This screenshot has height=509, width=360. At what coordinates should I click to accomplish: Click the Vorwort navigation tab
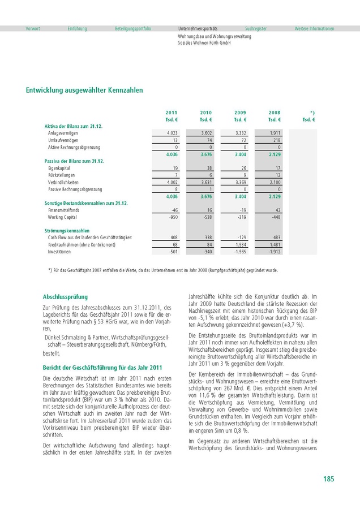point(33,28)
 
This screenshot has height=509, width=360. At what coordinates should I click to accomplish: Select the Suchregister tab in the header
point(256,28)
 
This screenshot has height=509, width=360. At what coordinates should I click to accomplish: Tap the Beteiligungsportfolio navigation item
point(133,28)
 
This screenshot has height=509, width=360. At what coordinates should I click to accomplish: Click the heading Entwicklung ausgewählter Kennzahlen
point(84,90)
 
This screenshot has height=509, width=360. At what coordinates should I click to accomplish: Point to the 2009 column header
point(240,113)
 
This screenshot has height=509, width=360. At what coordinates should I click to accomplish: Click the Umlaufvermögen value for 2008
point(276,140)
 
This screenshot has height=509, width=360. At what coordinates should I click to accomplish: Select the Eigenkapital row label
point(59,168)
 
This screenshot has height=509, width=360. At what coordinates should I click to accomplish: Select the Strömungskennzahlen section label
point(67,231)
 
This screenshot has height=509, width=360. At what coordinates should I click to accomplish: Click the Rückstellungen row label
point(61,175)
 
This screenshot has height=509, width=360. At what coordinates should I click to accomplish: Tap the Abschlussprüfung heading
point(66,296)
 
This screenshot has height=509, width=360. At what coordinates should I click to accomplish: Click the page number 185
point(328,479)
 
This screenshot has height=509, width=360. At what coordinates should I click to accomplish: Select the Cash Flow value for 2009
point(240,238)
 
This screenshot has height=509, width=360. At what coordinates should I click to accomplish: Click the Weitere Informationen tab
point(314,28)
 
